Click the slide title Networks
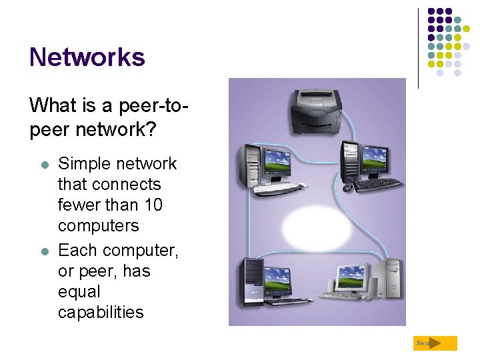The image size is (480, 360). pyautogui.click(x=87, y=57)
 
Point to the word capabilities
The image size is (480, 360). pyautogui.click(x=101, y=312)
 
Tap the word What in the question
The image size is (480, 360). pyautogui.click(x=53, y=105)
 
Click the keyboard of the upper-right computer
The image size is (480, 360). pyautogui.click(x=377, y=183)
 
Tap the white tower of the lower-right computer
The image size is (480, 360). pyautogui.click(x=391, y=280)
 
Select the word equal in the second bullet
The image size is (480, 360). pyautogui.click(x=79, y=291)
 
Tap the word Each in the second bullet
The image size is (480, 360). pyautogui.click(x=76, y=250)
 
